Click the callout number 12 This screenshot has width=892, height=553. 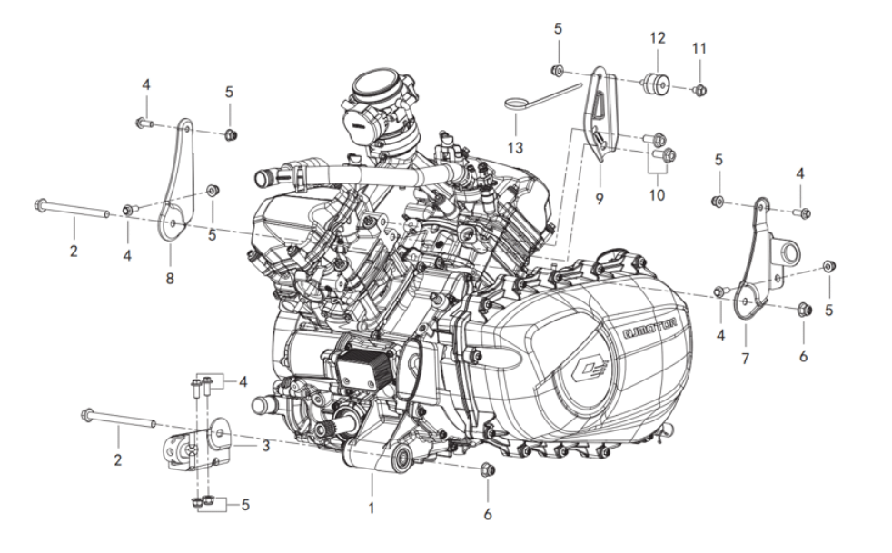[658, 38]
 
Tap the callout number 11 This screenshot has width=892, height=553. [699, 47]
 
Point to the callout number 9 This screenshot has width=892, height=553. [599, 195]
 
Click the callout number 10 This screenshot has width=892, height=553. [657, 195]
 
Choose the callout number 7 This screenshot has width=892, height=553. [745, 359]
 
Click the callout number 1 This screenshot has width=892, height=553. [371, 508]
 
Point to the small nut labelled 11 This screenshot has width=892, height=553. [700, 89]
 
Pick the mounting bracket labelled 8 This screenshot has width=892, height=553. [176, 182]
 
